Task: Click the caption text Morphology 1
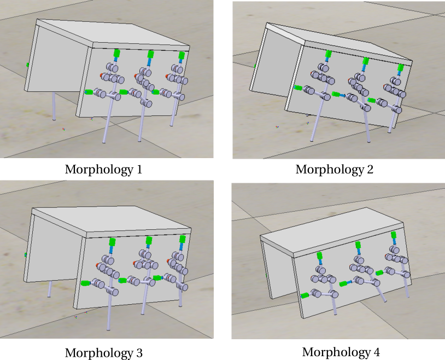click(103, 170)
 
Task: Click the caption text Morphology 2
click(335, 170)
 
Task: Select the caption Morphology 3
click(103, 353)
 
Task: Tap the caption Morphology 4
click(341, 352)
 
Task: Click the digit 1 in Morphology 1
click(139, 170)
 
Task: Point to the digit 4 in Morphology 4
click(376, 352)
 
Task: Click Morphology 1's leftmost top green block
click(116, 53)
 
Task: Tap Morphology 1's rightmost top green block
click(181, 55)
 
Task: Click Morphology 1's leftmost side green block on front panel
click(89, 92)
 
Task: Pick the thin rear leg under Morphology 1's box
click(54, 106)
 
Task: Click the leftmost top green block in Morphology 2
click(329, 54)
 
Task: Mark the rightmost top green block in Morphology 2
click(400, 68)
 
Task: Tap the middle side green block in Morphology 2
click(336, 94)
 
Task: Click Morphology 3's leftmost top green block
click(113, 242)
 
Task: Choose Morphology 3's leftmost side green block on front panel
click(85, 283)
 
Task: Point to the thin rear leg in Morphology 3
click(50, 289)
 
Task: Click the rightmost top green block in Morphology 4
click(394, 235)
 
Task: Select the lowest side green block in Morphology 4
click(305, 296)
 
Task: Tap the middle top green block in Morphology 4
click(358, 245)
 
